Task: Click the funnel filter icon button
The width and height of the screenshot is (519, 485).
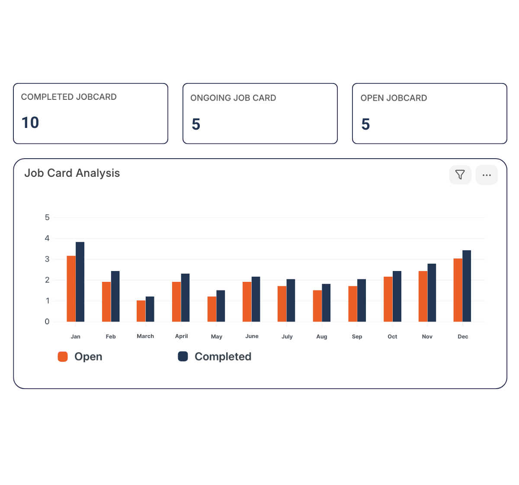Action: point(460,175)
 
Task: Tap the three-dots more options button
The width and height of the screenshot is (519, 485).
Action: point(487,175)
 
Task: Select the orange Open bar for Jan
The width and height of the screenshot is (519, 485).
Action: point(71,289)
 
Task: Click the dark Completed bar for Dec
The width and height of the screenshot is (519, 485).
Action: point(467,286)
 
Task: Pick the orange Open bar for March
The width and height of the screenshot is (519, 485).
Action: point(141,311)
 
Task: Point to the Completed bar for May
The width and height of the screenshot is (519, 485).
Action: point(221,306)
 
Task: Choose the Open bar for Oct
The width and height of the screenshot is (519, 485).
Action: point(388,299)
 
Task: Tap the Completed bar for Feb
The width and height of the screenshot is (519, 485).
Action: point(115,296)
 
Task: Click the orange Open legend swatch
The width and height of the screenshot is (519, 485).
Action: point(63,357)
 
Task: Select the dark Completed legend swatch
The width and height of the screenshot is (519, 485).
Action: point(183,357)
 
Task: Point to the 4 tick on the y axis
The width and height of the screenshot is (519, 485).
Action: point(47,238)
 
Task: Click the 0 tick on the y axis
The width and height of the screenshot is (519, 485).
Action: point(47,322)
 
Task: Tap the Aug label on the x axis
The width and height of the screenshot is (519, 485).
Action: point(322,337)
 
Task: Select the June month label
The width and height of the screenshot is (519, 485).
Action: point(252,336)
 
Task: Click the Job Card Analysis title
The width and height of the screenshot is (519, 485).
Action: point(72,173)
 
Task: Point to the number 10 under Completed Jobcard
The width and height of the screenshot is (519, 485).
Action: point(30,123)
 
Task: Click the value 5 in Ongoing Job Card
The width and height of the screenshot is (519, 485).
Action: point(196,124)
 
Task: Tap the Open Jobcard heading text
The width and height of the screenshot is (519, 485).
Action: point(394,98)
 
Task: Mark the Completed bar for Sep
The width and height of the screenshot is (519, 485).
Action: point(362,300)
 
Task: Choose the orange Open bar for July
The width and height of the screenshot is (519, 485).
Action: point(282,304)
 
